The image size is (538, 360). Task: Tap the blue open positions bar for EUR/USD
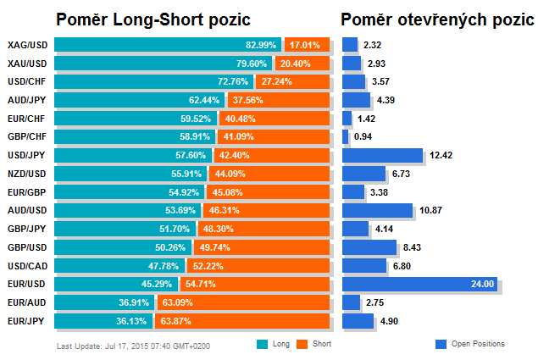[420, 284]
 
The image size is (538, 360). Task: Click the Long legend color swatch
[262, 344]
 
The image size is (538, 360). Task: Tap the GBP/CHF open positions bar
[346, 136]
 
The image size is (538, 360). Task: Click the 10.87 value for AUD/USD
[430, 210]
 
